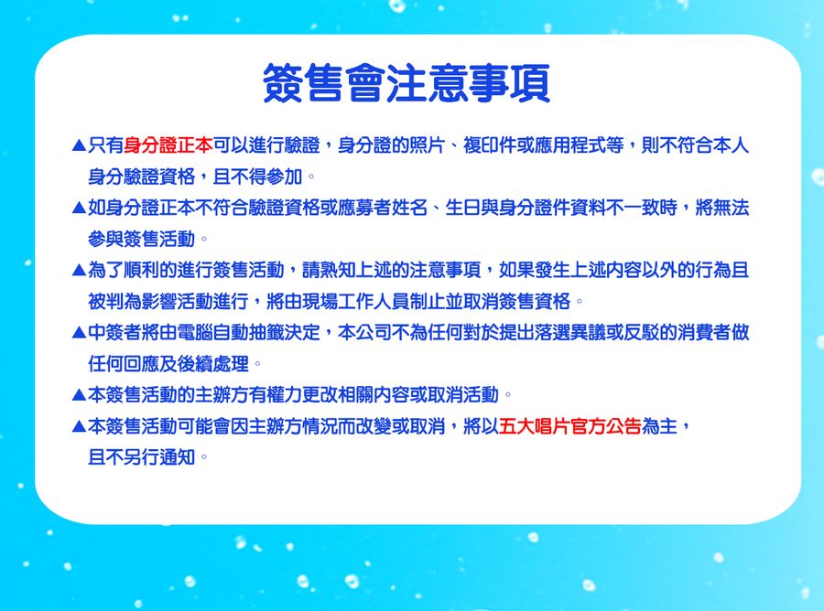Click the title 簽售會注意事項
click(407, 83)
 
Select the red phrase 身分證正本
click(168, 145)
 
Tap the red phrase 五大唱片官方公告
click(569, 426)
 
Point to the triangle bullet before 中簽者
click(79, 333)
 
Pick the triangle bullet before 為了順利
click(79, 271)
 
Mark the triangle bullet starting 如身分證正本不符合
click(79, 209)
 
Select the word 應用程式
click(569, 145)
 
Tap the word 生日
click(462, 208)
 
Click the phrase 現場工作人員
click(356, 301)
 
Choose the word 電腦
click(195, 332)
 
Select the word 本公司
click(364, 332)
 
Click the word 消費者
click(704, 332)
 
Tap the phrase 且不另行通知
click(141, 457)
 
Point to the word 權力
click(285, 395)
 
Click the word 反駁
click(641, 332)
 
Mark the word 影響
click(159, 301)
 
